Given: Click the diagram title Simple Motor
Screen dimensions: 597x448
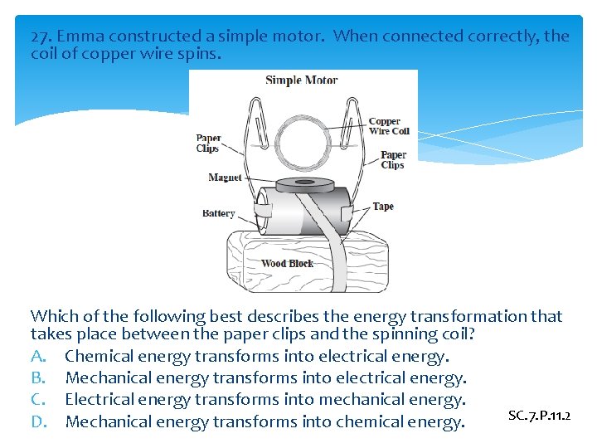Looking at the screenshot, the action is pyautogui.click(x=301, y=80).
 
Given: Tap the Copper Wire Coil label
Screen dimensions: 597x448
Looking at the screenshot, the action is pyautogui.click(x=389, y=126).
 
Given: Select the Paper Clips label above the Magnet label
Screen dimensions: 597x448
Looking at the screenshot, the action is pyautogui.click(x=207, y=144).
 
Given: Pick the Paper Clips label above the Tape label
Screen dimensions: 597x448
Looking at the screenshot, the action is pyautogui.click(x=393, y=159).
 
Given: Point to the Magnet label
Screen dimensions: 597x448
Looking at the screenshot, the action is pyautogui.click(x=225, y=178).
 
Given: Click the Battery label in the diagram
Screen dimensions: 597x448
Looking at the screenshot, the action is pyautogui.click(x=218, y=213).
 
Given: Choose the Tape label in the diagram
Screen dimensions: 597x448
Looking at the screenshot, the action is pyautogui.click(x=383, y=207).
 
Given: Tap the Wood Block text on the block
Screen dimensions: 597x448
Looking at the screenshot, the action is pyautogui.click(x=288, y=264).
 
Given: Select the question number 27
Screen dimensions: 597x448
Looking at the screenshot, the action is pyautogui.click(x=41, y=37).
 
